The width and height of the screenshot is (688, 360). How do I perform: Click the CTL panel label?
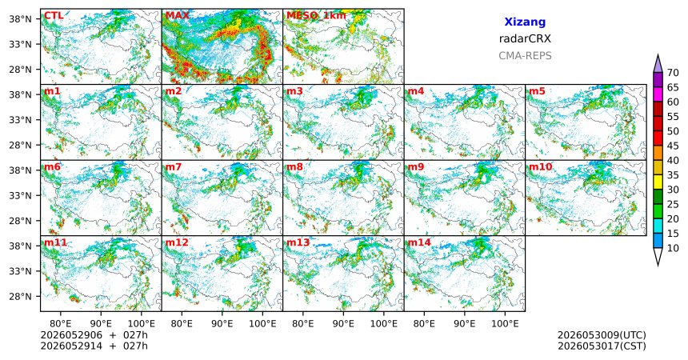[x=54, y=16]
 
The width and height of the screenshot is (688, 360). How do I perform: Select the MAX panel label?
[x=178, y=16]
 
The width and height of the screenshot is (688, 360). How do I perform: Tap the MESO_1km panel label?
[x=316, y=16]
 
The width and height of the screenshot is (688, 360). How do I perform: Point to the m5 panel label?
[x=537, y=91]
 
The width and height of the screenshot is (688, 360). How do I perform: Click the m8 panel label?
[x=294, y=167]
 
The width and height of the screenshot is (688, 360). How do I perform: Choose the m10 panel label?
[x=540, y=167]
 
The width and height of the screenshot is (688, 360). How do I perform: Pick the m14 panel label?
[x=419, y=242]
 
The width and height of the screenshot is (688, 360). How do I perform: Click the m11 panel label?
[x=55, y=242]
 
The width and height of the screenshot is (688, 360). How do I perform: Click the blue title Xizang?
[x=525, y=22]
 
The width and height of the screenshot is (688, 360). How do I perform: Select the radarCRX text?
[x=525, y=38]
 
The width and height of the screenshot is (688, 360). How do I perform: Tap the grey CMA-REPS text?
[x=525, y=56]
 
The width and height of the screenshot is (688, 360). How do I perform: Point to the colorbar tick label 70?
[x=673, y=73]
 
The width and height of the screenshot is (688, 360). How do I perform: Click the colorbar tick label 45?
[x=673, y=146]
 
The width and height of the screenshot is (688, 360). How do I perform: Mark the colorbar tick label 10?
[x=673, y=248]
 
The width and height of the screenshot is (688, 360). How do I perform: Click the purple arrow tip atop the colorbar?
[x=658, y=54]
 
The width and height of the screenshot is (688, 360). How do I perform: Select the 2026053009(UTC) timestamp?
[x=602, y=335]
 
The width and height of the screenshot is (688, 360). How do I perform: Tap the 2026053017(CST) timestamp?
[x=602, y=346]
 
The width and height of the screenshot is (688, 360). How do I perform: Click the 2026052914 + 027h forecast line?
[x=94, y=346]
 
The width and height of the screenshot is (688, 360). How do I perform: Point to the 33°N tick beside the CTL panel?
[x=20, y=44]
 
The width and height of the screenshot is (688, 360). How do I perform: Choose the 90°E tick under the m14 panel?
[x=465, y=324]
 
